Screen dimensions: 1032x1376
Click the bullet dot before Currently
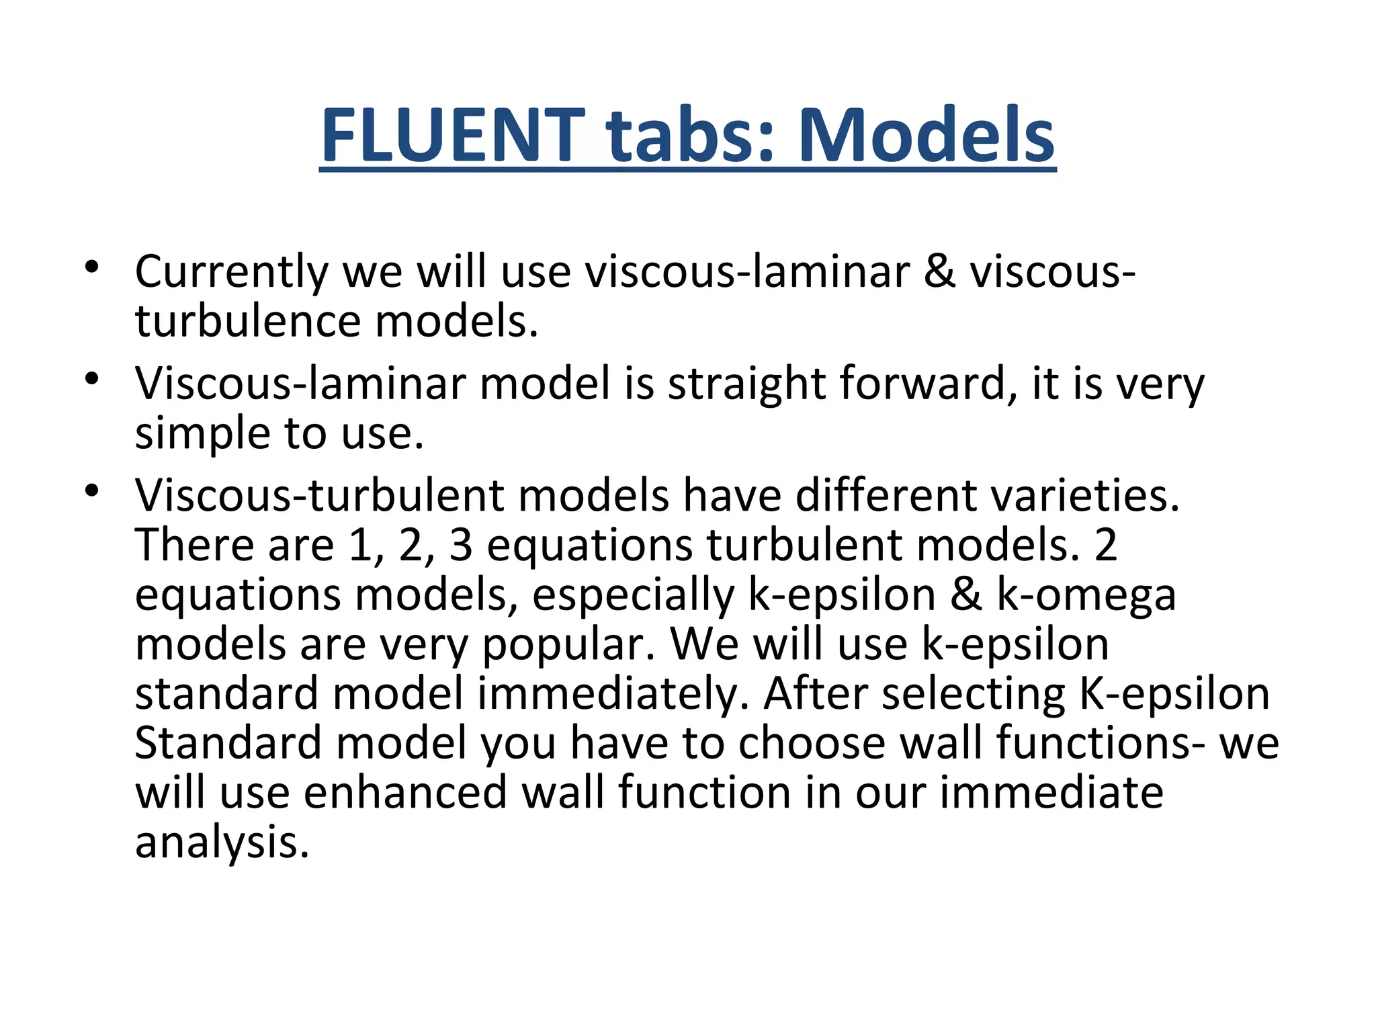click(x=92, y=267)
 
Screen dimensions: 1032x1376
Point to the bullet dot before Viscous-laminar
click(x=92, y=379)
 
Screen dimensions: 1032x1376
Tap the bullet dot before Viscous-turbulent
click(x=92, y=491)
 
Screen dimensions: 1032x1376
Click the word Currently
click(x=231, y=273)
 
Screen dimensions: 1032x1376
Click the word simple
click(x=202, y=433)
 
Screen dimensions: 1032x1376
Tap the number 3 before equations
click(x=461, y=545)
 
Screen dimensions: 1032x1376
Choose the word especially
click(x=634, y=595)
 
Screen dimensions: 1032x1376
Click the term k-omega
click(x=1086, y=595)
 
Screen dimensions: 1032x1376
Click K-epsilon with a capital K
click(x=1174, y=693)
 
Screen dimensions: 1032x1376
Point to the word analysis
click(x=222, y=843)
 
